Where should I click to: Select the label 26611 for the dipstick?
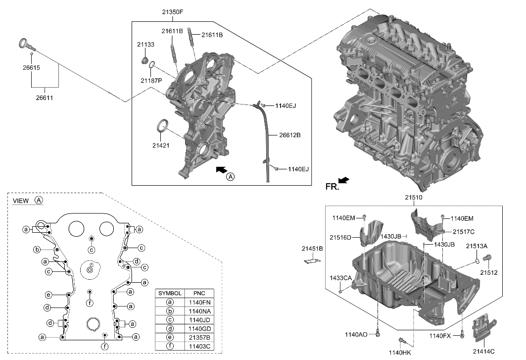44,98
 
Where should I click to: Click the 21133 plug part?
145,60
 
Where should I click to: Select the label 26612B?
290,135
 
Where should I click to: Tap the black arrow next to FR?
343,181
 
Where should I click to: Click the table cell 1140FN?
200,302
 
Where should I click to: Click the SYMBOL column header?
170,293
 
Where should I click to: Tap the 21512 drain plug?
487,258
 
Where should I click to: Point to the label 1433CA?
340,278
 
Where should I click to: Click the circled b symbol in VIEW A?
37,249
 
